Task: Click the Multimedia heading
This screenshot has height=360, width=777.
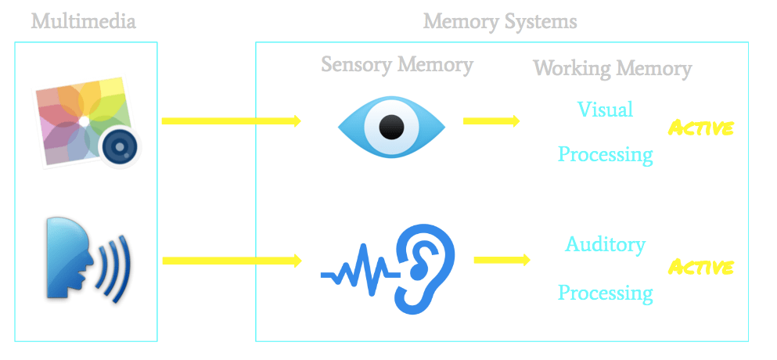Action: click(x=84, y=20)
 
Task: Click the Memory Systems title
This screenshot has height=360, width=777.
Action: click(x=500, y=20)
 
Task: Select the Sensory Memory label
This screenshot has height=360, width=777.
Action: click(x=397, y=64)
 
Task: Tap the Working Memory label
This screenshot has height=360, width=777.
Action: click(x=612, y=68)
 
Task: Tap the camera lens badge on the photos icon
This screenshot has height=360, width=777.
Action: click(x=120, y=146)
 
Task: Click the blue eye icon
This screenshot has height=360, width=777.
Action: click(x=391, y=125)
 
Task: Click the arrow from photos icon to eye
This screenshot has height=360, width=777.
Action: click(x=231, y=121)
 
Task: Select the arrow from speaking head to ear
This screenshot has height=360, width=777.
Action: click(x=231, y=260)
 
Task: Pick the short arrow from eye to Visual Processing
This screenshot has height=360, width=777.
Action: click(x=491, y=121)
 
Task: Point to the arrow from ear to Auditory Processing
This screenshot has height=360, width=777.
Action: click(x=502, y=259)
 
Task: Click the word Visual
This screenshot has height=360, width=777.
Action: click(x=605, y=109)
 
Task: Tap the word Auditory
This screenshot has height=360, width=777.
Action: click(x=605, y=245)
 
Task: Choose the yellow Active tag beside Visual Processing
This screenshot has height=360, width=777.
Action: click(x=700, y=128)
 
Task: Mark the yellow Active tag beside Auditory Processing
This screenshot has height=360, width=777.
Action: click(x=700, y=267)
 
